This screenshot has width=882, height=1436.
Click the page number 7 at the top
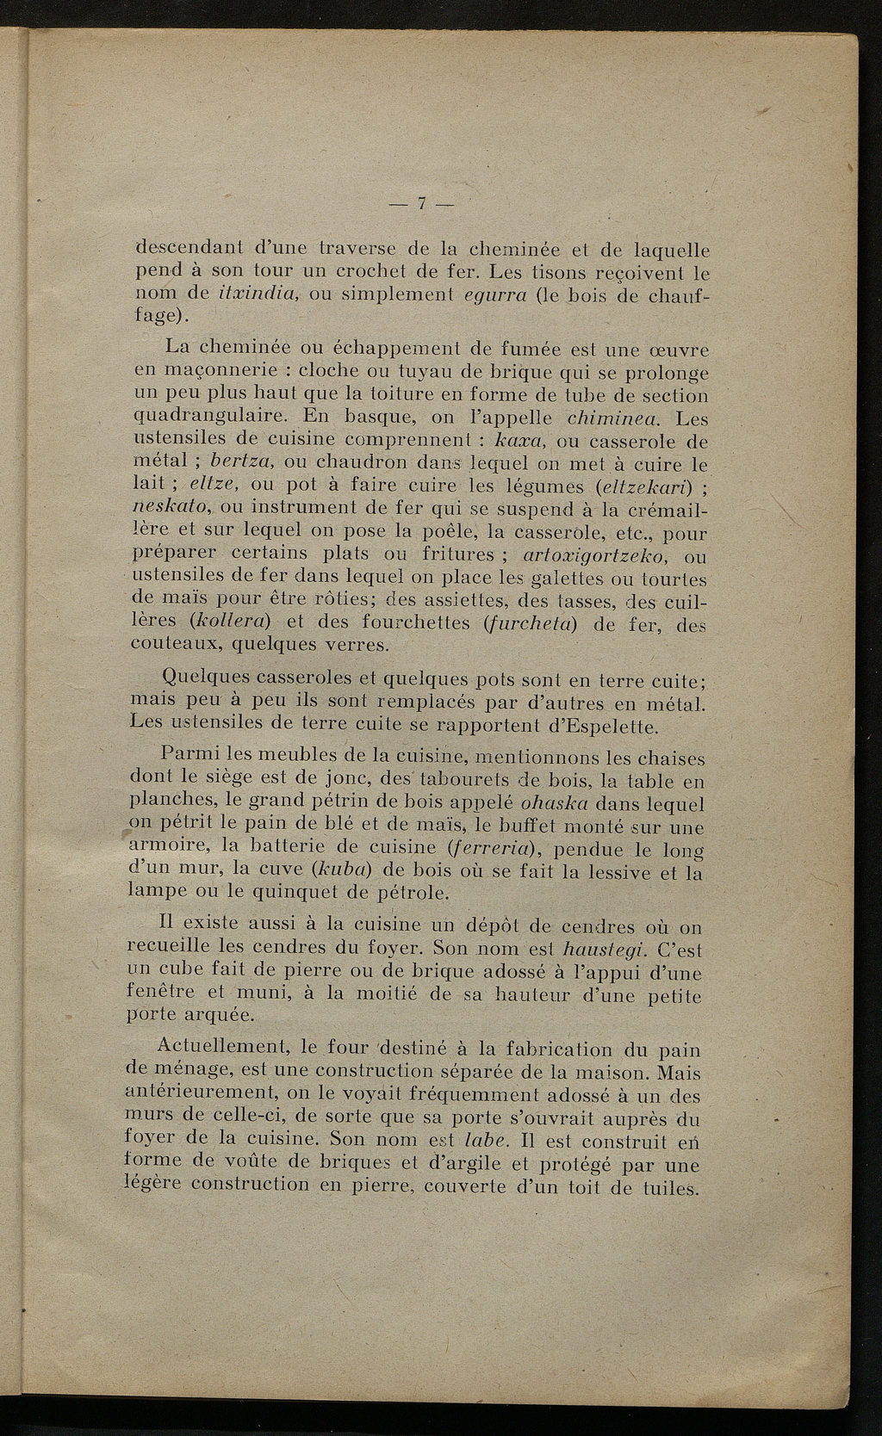click(423, 205)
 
